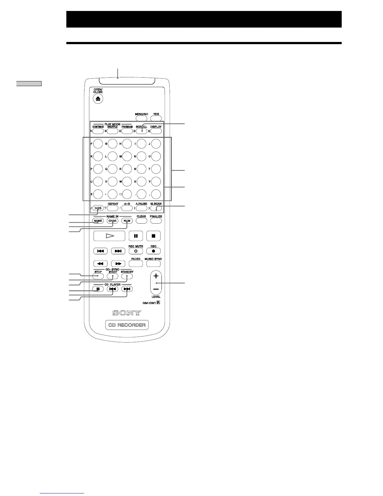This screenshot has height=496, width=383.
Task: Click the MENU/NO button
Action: (x=141, y=119)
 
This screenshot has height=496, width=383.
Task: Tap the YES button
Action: (x=156, y=119)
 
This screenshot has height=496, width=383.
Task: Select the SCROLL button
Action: (x=141, y=131)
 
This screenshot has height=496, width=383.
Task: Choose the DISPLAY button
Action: (x=156, y=131)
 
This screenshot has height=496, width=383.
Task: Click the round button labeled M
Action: (x=127, y=156)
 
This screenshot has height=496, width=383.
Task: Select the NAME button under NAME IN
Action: (x=98, y=221)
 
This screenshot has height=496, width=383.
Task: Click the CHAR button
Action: (x=112, y=221)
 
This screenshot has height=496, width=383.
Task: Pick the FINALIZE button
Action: (x=156, y=221)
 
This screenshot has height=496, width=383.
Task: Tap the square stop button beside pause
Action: (x=154, y=236)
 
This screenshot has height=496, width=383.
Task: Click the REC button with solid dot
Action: (x=154, y=251)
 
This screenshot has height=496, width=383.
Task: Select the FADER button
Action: (x=136, y=264)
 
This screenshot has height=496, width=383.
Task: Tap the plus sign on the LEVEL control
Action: (x=156, y=276)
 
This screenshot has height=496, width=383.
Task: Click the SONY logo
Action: (x=127, y=313)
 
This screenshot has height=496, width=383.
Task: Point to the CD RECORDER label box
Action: (x=127, y=325)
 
